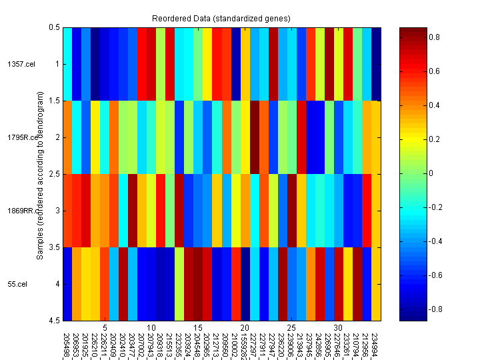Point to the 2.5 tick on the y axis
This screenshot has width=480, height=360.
tap(53, 174)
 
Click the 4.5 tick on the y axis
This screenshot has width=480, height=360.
tap(53, 321)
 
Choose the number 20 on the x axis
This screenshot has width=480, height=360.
tap(245, 328)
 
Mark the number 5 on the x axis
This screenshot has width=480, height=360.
tap(105, 328)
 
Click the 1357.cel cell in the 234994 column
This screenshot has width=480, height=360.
tap(376, 64)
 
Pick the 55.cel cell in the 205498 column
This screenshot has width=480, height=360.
tap(67, 284)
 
